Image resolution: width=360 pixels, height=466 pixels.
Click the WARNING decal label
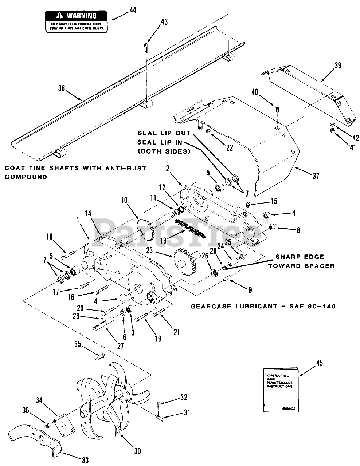click(x=77, y=21)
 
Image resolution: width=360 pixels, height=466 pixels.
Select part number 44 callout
click(x=132, y=11)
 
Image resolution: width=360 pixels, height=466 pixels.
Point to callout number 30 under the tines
click(x=137, y=451)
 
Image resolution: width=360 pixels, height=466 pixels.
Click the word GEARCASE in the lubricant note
click(x=208, y=307)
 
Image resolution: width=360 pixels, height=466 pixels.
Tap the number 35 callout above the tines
click(x=78, y=343)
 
